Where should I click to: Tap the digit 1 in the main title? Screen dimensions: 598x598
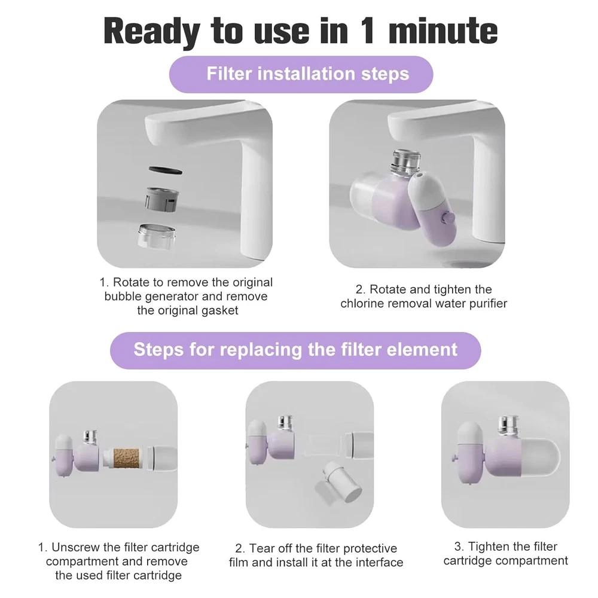[x=368, y=30]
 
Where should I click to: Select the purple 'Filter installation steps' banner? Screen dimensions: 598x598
[x=301, y=74]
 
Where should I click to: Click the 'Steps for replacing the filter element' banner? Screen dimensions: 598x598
[x=295, y=350]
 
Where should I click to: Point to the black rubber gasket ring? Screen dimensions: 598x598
[x=165, y=170]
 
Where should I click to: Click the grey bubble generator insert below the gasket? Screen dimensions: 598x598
[x=161, y=200]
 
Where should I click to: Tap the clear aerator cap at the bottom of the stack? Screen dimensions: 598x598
[x=157, y=236]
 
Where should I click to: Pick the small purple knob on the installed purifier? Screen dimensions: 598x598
[x=448, y=218]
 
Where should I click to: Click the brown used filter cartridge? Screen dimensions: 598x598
[x=126, y=457]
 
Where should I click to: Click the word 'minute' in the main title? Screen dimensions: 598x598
[x=443, y=31]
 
